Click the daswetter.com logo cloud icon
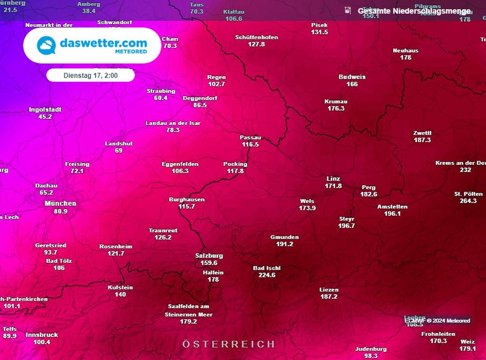pos(47,46)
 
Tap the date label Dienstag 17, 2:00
pos(91,76)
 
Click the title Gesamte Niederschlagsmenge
pos(414,11)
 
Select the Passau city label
pos(250,138)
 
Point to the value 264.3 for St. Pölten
pos(468,201)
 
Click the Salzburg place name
pos(209,256)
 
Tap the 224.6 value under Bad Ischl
pos(267,275)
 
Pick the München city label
pos(60,203)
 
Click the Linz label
pos(333,179)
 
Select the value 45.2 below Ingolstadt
pos(45,116)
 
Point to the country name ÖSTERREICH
pos(228,344)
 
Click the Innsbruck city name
pos(42,335)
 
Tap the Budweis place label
pos(352,77)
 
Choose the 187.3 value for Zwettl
pos(422,140)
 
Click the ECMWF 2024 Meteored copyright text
pos(437,321)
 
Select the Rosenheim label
pos(116,246)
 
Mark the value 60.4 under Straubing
pos(161,98)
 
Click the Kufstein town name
pos(121,287)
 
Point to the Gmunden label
pos(285,237)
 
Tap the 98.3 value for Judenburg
pos(371,356)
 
